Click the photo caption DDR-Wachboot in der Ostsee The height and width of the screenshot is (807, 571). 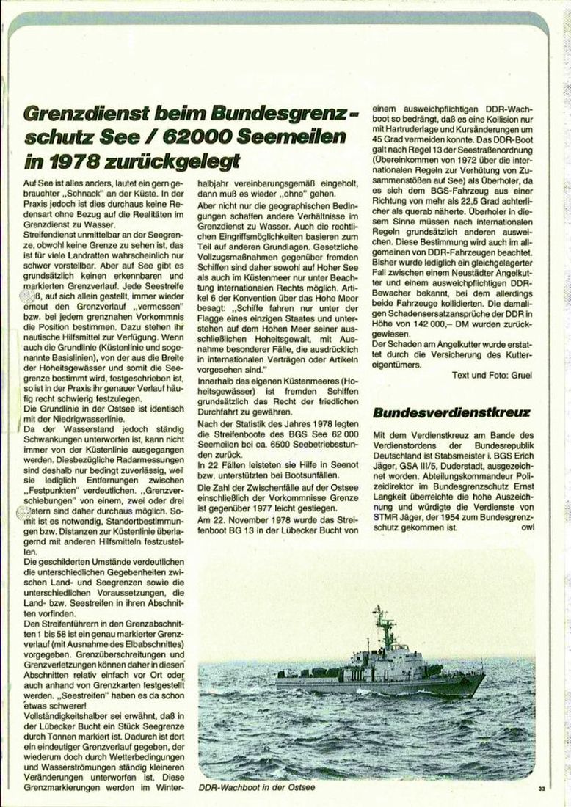pos(246,789)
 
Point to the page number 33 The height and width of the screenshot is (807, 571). pos(541,789)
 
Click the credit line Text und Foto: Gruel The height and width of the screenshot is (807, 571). pos(493,374)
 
